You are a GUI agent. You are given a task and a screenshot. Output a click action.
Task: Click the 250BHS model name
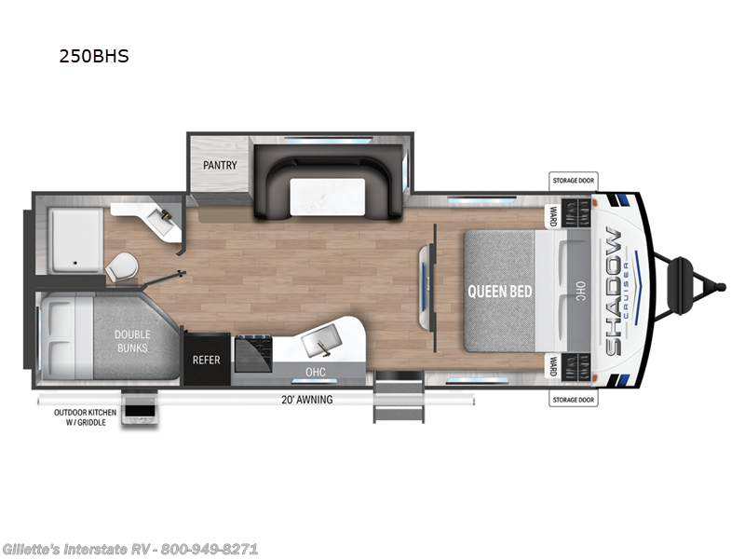(93, 56)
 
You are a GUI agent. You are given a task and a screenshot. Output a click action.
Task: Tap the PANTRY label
(219, 165)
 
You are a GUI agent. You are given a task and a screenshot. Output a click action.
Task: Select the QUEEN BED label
(501, 291)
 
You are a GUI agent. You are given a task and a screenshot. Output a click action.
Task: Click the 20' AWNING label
(306, 400)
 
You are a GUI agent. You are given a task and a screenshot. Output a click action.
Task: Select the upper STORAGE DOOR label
(573, 182)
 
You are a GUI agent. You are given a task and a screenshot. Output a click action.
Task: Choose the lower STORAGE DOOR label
(573, 401)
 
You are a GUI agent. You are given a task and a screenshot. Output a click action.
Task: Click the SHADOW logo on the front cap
(615, 291)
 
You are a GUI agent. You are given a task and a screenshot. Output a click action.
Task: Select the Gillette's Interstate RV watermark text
(130, 549)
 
